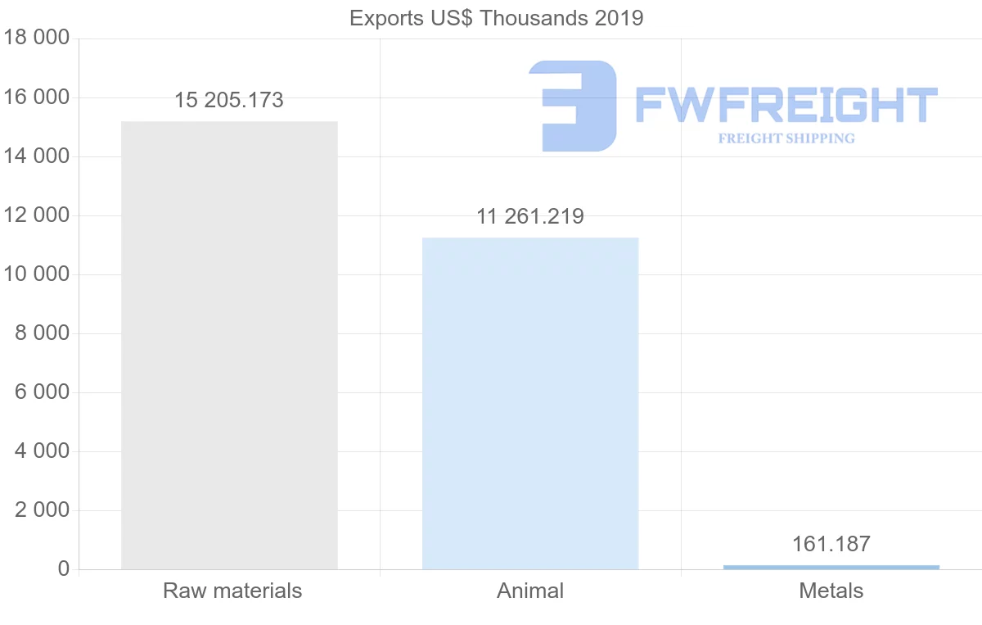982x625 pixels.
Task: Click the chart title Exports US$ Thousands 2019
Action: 496,18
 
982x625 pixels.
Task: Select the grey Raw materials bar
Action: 229,345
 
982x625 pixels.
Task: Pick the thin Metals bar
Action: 831,567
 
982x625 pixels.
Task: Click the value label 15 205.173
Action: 229,101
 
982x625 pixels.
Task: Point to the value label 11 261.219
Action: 530,217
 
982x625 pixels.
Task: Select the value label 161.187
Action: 831,544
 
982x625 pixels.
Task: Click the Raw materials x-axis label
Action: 232,591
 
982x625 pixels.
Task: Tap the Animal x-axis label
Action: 530,591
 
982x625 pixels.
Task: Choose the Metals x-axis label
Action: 831,591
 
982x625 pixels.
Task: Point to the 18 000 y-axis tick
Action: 37,38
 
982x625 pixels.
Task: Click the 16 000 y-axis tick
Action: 37,97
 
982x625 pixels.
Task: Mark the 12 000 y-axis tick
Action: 37,215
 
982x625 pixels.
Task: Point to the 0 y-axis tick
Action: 64,569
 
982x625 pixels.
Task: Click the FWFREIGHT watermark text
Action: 786,106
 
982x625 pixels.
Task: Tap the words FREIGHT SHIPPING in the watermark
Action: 786,138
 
